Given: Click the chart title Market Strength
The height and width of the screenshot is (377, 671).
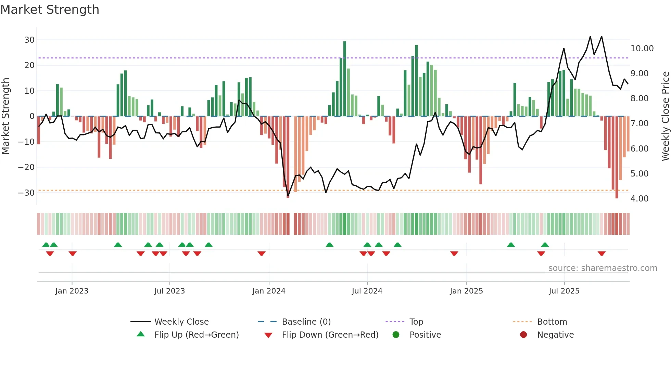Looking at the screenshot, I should [x=50, y=10].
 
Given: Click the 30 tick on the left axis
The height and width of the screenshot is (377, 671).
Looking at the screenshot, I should [x=29, y=40].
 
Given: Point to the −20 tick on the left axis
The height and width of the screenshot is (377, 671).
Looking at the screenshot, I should [x=26, y=167].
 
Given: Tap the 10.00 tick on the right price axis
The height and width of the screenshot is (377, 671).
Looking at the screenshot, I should [x=642, y=49].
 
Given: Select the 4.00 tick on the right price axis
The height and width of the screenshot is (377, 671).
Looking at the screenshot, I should [x=640, y=199].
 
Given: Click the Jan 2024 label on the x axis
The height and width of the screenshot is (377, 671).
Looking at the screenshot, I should [x=269, y=291].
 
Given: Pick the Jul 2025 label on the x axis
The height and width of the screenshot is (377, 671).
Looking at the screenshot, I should [x=564, y=291].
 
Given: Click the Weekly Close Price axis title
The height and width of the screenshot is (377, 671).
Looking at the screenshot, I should [x=665, y=116].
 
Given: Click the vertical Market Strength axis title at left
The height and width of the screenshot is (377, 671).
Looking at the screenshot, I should [x=6, y=116].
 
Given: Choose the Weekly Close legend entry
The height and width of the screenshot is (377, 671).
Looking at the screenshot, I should [x=181, y=322].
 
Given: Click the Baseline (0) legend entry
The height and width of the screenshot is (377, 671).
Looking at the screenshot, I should [x=306, y=322].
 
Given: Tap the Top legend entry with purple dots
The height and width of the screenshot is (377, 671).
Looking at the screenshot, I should [x=416, y=322].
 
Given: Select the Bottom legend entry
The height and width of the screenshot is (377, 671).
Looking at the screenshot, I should [x=552, y=322].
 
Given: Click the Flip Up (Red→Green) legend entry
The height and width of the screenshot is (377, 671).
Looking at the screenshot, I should [x=196, y=335].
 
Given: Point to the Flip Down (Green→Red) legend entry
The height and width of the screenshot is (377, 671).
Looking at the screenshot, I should [x=330, y=335].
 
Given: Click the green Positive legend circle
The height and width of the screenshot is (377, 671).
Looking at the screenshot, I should [x=396, y=335].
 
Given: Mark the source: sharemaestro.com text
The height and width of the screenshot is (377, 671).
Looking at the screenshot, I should [x=603, y=268].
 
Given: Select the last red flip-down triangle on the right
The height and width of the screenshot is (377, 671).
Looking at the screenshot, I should [x=602, y=253].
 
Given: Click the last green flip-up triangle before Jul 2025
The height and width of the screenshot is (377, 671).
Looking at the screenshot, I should [x=545, y=245].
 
